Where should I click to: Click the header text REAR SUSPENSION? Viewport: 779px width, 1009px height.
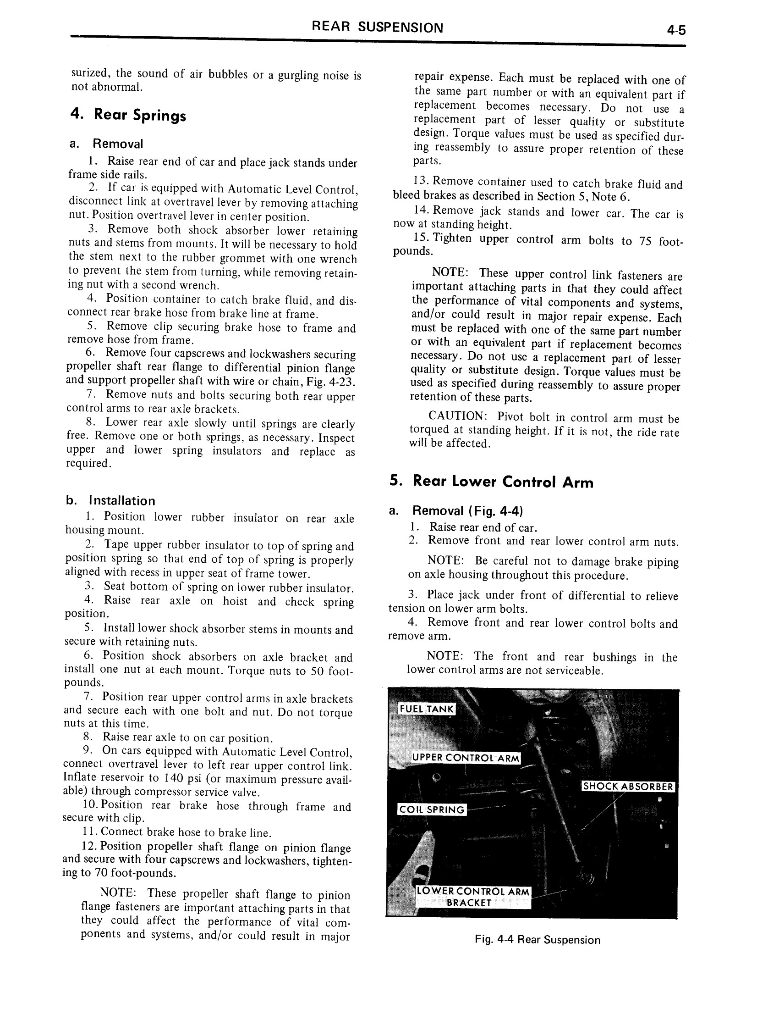378,27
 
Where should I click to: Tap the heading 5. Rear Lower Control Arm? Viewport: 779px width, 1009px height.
492,482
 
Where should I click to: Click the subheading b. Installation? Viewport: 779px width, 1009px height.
110,501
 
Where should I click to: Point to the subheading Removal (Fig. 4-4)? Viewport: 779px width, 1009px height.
467,511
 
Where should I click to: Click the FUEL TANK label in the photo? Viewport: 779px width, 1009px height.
427,709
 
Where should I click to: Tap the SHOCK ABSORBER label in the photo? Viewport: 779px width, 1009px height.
629,787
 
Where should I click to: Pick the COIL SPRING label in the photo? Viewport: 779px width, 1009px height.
432,810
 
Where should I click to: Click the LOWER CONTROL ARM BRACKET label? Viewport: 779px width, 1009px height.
472,897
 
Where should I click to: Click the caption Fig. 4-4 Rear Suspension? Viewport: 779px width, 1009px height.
538,940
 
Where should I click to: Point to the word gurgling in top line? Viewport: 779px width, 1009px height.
298,75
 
